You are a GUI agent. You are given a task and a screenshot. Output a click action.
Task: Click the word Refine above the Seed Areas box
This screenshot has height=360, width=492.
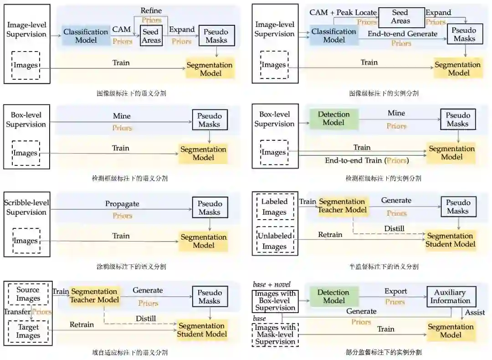(x=151, y=10)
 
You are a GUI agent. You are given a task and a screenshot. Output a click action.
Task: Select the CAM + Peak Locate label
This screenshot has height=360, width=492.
(x=343, y=12)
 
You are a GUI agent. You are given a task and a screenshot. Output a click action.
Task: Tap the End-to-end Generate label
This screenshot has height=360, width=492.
(x=402, y=34)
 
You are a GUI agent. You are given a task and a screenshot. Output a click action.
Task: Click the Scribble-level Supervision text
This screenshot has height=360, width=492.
(x=26, y=207)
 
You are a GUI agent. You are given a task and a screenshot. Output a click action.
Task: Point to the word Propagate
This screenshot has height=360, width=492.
(x=122, y=204)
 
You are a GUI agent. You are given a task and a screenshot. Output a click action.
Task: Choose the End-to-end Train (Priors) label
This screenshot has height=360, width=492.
(x=367, y=160)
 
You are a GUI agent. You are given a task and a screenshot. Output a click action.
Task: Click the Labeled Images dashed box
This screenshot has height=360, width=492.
(x=274, y=207)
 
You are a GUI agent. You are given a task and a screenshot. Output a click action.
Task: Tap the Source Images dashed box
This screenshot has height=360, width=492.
(x=28, y=294)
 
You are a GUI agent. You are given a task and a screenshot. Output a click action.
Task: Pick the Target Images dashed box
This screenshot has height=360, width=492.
(x=28, y=331)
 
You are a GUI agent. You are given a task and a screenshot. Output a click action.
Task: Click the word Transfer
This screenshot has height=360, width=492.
(x=17, y=312)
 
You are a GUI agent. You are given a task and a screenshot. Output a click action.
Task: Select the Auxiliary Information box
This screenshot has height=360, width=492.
(x=451, y=297)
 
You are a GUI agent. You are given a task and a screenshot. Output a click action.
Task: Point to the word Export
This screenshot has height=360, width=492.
(x=395, y=291)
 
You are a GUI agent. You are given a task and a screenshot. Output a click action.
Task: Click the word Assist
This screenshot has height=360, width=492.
(x=475, y=313)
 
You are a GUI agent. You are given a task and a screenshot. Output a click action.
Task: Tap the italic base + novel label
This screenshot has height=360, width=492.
(x=272, y=285)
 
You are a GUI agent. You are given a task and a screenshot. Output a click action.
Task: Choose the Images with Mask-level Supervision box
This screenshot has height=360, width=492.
(x=275, y=334)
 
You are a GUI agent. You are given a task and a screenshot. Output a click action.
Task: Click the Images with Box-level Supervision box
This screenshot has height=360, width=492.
(x=275, y=301)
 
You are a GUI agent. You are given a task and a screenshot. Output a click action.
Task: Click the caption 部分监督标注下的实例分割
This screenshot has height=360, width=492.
(x=384, y=352)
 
